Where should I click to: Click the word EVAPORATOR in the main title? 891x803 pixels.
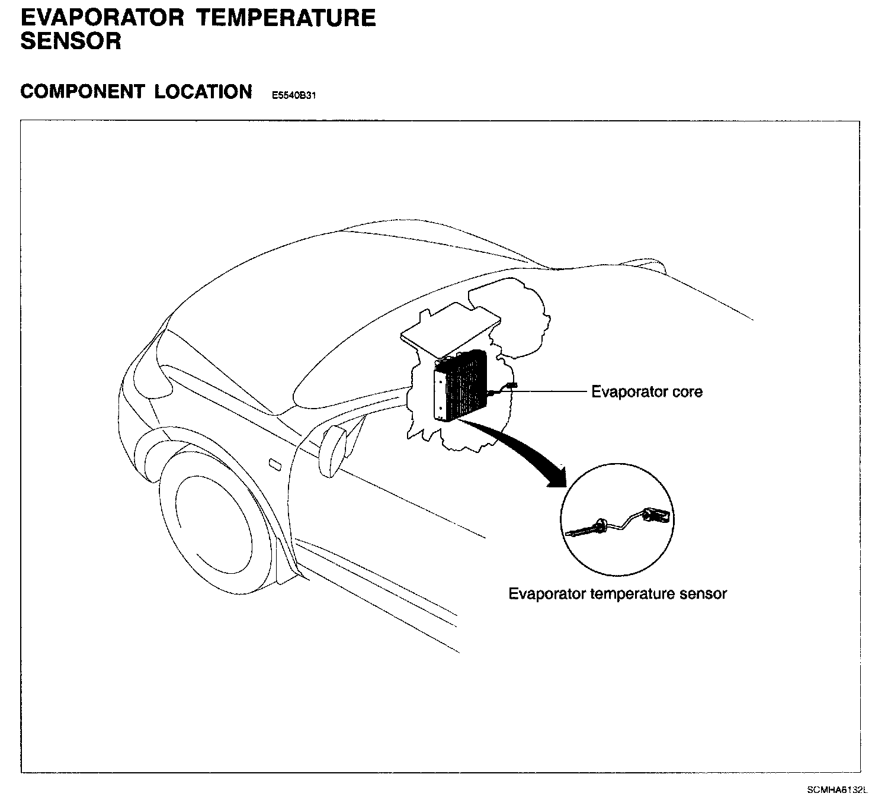pyautogui.click(x=102, y=18)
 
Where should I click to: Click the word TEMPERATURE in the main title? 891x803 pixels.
pyautogui.click(x=286, y=18)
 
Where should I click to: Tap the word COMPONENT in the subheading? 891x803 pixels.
pyautogui.click(x=81, y=92)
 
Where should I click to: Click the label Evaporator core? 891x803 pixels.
pyautogui.click(x=647, y=391)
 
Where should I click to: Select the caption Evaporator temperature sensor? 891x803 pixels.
pyautogui.click(x=617, y=593)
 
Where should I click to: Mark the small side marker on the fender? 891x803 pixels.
pyautogui.click(x=275, y=464)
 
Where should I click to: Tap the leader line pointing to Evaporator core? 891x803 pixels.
pyautogui.click(x=551, y=391)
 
